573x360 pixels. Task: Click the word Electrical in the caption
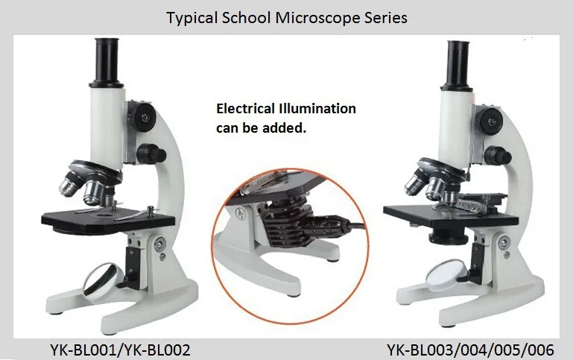pos(247,109)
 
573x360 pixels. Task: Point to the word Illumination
pos(318,109)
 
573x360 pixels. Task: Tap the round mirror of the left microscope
pos(103,280)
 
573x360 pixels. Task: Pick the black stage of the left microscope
pos(109,217)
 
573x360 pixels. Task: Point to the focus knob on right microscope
pos(491,119)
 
